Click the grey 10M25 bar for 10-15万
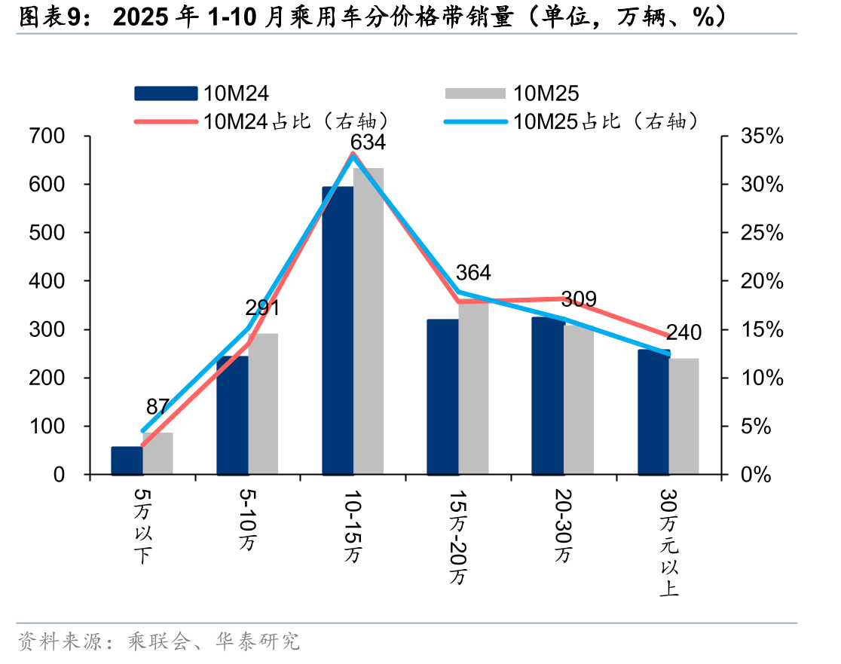click(x=369, y=321)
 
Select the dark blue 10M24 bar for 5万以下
click(x=127, y=461)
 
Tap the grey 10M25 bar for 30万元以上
click(x=684, y=416)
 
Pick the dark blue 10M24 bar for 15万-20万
click(x=442, y=397)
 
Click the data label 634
click(x=368, y=142)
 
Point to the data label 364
click(x=473, y=273)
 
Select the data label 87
click(x=157, y=406)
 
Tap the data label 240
click(x=684, y=332)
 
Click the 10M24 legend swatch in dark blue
click(x=166, y=93)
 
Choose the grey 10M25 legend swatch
click(x=476, y=93)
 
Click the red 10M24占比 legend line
click(x=166, y=122)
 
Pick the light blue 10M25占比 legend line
click(x=476, y=122)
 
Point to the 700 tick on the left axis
click(x=47, y=136)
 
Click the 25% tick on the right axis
click(x=762, y=233)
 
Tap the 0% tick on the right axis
click(x=756, y=475)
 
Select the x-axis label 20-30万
click(x=563, y=525)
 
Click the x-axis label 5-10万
click(x=247, y=520)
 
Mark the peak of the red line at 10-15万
click(x=353, y=153)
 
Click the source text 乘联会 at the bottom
click(x=159, y=641)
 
